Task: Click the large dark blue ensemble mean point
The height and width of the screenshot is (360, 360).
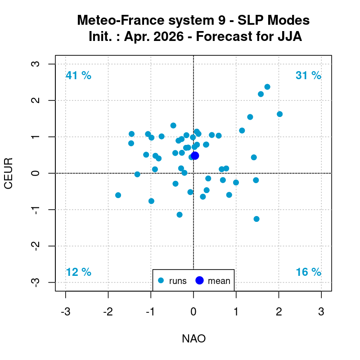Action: click(x=195, y=156)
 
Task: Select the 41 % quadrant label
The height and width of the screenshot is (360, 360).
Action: click(x=78, y=76)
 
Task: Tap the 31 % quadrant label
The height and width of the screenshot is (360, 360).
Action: click(x=308, y=76)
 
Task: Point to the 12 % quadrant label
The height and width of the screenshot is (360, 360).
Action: click(x=78, y=272)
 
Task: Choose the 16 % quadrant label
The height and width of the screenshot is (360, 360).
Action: click(x=308, y=272)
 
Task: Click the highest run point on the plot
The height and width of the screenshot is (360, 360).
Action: click(x=267, y=87)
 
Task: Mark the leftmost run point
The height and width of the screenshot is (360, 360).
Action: click(x=118, y=195)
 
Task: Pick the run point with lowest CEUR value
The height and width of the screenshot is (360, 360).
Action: click(x=256, y=219)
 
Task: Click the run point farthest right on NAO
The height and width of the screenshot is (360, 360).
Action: click(x=279, y=114)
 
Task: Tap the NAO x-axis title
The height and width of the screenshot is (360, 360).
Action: click(x=193, y=339)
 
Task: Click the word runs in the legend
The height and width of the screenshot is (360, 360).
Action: click(x=178, y=281)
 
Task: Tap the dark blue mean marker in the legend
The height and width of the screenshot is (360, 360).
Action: click(x=200, y=281)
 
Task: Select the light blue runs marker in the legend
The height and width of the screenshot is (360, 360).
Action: click(x=161, y=281)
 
